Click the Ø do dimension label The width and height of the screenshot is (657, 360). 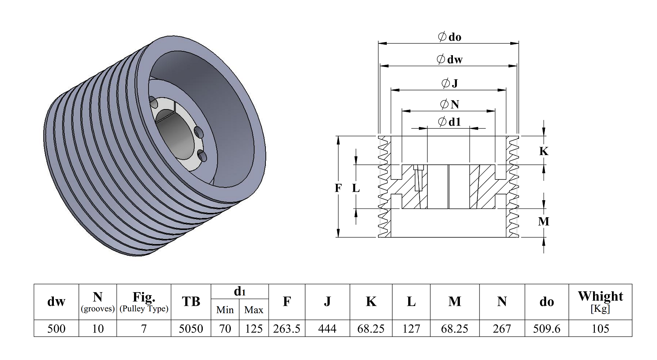450,37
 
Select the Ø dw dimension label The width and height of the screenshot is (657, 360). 450,59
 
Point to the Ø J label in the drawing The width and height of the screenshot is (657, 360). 450,83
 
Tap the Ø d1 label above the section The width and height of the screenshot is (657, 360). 450,122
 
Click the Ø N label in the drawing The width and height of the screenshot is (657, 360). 450,104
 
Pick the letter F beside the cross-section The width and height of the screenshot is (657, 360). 338,188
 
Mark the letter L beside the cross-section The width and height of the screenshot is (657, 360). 356,188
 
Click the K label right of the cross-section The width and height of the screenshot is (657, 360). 544,152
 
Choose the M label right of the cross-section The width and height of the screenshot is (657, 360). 544,222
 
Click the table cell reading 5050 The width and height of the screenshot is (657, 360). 191,328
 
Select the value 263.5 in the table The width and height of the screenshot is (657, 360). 287,328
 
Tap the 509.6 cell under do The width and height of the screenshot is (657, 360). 547,328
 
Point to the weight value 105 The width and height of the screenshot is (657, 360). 600,328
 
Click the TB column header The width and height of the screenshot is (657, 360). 191,302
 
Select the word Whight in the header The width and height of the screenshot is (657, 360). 600,296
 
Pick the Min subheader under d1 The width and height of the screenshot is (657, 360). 225,310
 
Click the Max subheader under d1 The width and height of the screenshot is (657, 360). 254,310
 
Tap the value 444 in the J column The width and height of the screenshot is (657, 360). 327,328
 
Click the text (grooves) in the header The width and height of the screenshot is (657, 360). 98,309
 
